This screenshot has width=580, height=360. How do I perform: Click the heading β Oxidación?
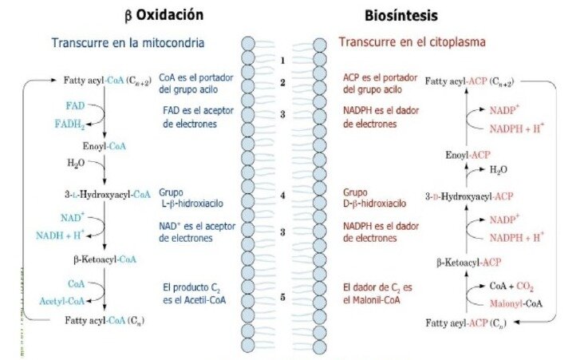[x=164, y=15]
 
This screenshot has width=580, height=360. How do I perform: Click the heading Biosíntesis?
[x=401, y=15]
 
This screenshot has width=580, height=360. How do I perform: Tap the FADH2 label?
[x=70, y=124]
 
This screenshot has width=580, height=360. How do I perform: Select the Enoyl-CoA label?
[x=105, y=146]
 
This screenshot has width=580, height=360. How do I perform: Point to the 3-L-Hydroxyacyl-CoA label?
[x=108, y=194]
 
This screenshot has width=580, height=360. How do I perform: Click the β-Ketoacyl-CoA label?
[x=105, y=259]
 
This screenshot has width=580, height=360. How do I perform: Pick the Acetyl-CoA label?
[x=62, y=301]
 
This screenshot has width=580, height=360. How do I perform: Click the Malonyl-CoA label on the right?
[x=516, y=304]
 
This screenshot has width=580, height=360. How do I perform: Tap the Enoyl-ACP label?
[x=468, y=155]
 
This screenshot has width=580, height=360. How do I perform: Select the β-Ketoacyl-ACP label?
[x=468, y=263]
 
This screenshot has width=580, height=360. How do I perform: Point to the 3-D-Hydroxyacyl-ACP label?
[x=469, y=196]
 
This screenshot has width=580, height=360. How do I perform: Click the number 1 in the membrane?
[x=282, y=61]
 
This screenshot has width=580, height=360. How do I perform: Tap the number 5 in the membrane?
[x=282, y=297]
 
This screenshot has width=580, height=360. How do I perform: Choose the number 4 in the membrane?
[x=282, y=196]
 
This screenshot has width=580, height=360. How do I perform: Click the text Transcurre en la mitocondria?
[x=128, y=43]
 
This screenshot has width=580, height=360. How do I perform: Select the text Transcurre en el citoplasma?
[x=412, y=42]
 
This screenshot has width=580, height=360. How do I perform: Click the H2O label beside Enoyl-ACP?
[x=499, y=170]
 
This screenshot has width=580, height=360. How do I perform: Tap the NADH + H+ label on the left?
[x=61, y=235]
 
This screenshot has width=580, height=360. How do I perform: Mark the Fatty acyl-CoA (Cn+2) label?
[x=107, y=81]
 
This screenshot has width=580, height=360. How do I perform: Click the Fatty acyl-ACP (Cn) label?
[x=466, y=323]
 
